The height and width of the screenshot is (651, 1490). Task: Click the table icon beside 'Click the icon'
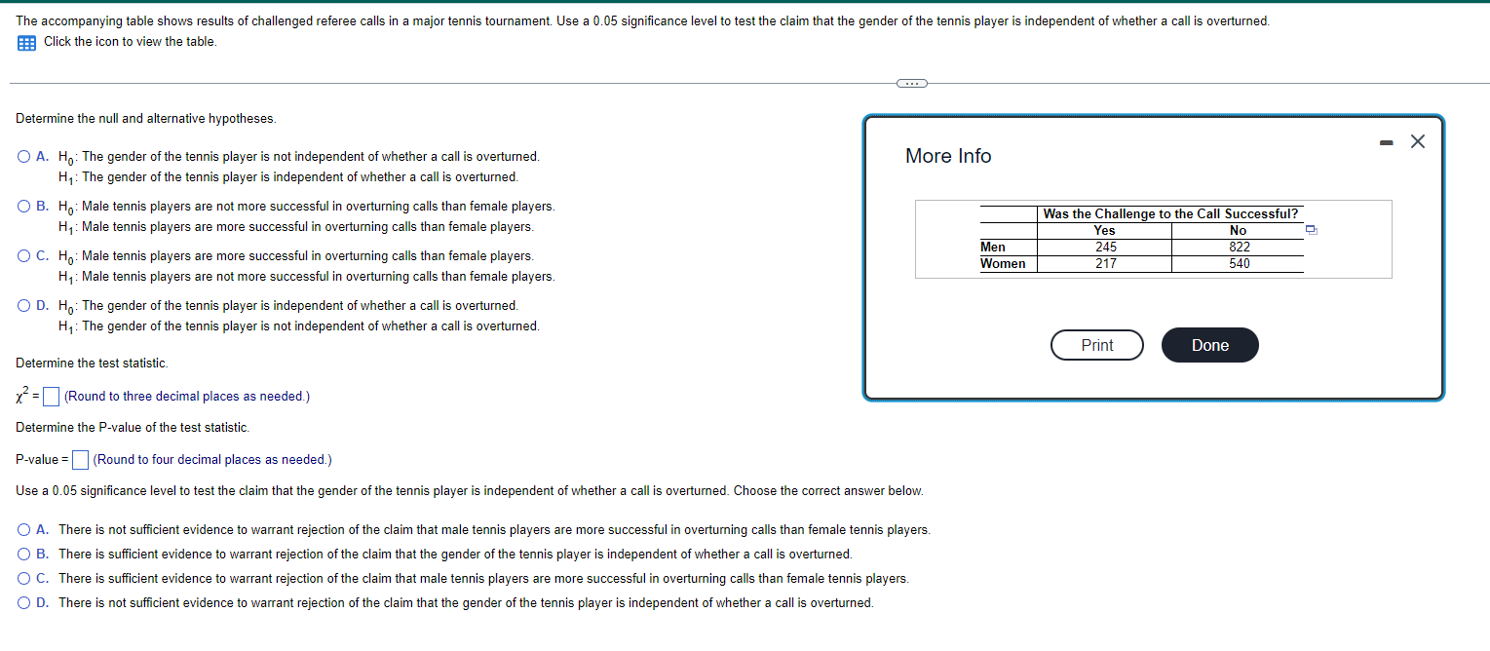click(x=26, y=42)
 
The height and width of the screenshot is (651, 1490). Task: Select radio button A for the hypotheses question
click(x=23, y=157)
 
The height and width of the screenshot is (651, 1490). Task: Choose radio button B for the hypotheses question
click(x=23, y=207)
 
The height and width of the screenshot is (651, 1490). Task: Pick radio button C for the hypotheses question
click(x=23, y=256)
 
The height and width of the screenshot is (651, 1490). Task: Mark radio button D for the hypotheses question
click(x=23, y=306)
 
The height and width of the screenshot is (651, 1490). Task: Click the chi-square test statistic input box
click(x=53, y=397)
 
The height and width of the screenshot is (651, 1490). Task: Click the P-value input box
click(x=81, y=460)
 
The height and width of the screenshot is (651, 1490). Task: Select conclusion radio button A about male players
click(x=23, y=530)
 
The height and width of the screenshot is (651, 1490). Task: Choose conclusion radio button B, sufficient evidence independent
click(x=23, y=555)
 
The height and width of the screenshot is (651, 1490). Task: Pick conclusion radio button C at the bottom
click(x=23, y=579)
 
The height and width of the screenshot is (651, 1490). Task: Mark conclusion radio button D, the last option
click(x=23, y=603)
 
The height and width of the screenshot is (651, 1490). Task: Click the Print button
click(x=1096, y=345)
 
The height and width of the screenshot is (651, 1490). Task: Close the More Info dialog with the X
click(x=1417, y=142)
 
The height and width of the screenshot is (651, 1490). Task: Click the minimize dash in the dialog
click(x=1384, y=143)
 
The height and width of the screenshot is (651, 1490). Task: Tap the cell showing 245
click(x=1104, y=248)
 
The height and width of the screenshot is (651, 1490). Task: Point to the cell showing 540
click(x=1239, y=264)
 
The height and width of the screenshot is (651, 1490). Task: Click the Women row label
click(x=1003, y=264)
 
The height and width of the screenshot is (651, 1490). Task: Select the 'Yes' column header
click(x=1104, y=231)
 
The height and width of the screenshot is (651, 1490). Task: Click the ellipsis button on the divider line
click(x=911, y=84)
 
